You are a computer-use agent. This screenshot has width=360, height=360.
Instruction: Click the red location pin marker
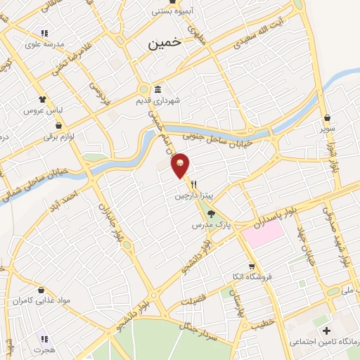tap(180, 165)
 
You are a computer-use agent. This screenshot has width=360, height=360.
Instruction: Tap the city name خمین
tap(165, 43)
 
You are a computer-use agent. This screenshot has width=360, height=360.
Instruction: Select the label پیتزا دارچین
tap(193, 196)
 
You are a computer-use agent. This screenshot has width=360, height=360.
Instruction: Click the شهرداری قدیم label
tap(158, 101)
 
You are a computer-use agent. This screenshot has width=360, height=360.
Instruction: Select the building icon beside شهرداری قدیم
tap(157, 90)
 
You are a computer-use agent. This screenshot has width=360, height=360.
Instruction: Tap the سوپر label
tap(328, 129)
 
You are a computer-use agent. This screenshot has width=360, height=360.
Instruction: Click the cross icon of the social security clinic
tap(326, 330)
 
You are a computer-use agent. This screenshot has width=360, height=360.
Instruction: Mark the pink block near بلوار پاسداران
tap(264, 232)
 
